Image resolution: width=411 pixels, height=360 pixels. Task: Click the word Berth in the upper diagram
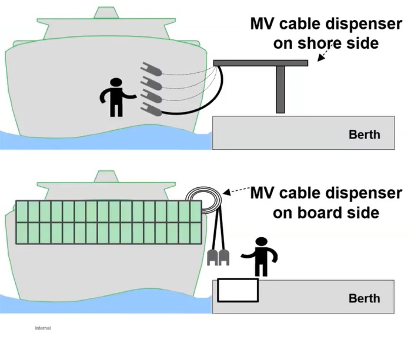coord(365,134)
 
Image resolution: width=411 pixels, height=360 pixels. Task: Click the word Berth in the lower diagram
coord(365,298)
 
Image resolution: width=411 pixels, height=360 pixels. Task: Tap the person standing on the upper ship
coord(116,97)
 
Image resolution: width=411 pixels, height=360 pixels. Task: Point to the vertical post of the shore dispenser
coord(280,89)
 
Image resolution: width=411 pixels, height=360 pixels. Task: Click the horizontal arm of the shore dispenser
coord(260,62)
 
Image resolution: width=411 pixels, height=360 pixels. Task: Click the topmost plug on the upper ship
coord(151,70)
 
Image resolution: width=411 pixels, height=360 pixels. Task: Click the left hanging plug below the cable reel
coord(213,256)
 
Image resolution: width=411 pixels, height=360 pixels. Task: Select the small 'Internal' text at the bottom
coord(43,328)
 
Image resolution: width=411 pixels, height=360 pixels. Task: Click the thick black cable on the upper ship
coord(194,110)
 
